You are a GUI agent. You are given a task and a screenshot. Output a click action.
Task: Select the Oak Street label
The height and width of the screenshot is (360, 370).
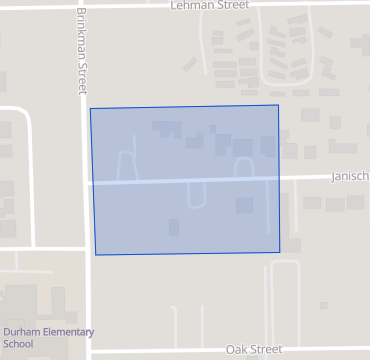(254, 349)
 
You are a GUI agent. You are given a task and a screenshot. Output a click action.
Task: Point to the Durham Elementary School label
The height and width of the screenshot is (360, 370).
(47, 337)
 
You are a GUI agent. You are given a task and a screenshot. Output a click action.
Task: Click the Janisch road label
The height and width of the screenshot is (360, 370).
(350, 176)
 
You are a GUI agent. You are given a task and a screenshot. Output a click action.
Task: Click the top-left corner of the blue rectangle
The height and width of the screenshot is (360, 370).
(90, 107)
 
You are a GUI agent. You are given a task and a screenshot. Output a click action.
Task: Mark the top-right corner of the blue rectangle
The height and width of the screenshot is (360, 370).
(278, 104)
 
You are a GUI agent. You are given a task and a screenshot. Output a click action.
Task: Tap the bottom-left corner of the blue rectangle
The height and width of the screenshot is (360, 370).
(95, 255)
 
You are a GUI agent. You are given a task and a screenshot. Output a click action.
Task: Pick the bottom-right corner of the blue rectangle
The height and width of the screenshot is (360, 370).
(280, 251)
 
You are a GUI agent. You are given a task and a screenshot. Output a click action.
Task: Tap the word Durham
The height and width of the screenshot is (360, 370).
(19, 332)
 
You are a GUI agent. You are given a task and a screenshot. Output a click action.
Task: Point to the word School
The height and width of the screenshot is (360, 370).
(17, 344)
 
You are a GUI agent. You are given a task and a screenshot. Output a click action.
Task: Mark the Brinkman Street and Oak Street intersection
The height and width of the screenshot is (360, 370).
(88, 351)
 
